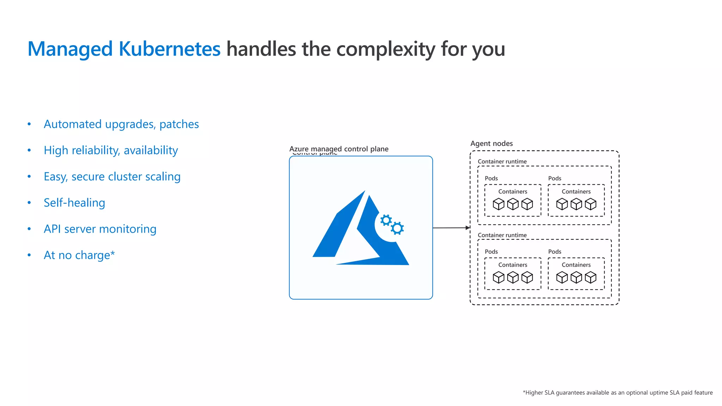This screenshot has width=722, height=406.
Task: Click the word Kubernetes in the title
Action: [x=169, y=49]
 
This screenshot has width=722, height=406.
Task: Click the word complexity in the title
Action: [x=386, y=49]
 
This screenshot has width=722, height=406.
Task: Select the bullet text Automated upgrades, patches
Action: [x=121, y=124]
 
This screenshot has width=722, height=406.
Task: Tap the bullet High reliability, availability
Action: [x=111, y=150]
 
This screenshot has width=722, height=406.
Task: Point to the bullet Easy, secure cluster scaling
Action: [x=112, y=177]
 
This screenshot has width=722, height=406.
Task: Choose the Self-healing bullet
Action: [x=74, y=203]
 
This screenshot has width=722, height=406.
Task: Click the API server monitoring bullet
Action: [x=100, y=229]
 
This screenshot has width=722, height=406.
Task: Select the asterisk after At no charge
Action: [x=112, y=253]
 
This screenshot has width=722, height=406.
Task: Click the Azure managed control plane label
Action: [x=339, y=149]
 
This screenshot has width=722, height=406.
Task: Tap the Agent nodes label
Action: [x=491, y=143]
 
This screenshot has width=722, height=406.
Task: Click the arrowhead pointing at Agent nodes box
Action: [x=468, y=228]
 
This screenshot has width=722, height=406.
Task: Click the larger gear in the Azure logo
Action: [x=397, y=228]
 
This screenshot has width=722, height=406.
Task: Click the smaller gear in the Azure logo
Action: [x=386, y=221]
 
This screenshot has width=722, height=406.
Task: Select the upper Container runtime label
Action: [x=502, y=161]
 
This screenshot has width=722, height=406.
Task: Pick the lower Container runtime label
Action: [x=502, y=235]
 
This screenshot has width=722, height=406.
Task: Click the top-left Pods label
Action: [x=491, y=178]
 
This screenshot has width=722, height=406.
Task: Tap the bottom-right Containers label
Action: [x=576, y=265]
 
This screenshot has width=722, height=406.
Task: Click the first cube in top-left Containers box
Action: [x=498, y=204]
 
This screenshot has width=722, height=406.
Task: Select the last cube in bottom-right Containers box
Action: [x=591, y=278]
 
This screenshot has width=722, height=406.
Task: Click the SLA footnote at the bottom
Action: [x=617, y=393]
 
